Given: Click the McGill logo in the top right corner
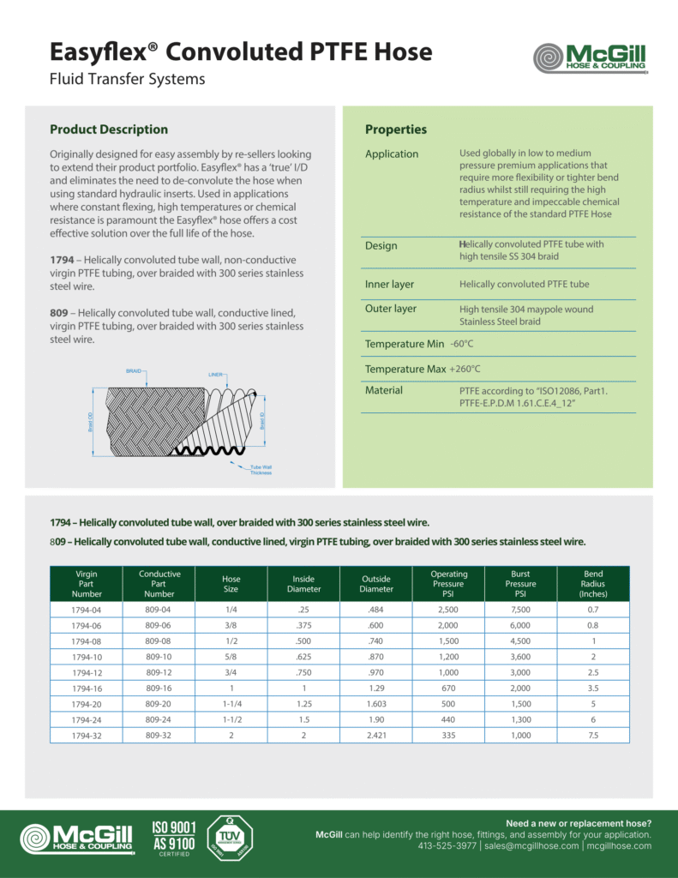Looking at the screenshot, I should pyautogui.click(x=589, y=58).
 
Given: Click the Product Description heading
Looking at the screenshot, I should pyautogui.click(x=109, y=129).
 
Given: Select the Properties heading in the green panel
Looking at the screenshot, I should pyautogui.click(x=395, y=129).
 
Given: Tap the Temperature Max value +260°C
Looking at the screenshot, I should pyautogui.click(x=465, y=369).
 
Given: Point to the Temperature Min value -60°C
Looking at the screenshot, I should pyautogui.click(x=462, y=344).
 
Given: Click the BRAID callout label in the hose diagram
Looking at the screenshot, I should pyautogui.click(x=134, y=371).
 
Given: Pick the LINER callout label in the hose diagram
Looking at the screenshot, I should pyautogui.click(x=216, y=375).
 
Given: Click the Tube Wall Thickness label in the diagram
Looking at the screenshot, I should pyautogui.click(x=261, y=469).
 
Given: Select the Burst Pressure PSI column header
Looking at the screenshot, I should pyautogui.click(x=520, y=584).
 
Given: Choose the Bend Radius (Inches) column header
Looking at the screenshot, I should pyautogui.click(x=592, y=584).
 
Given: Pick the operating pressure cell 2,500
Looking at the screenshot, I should pyautogui.click(x=448, y=610).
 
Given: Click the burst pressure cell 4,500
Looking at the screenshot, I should pyautogui.click(x=520, y=641).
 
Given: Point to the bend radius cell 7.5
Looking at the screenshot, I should pyautogui.click(x=592, y=736).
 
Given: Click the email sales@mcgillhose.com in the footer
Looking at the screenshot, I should pyautogui.click(x=531, y=845).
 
